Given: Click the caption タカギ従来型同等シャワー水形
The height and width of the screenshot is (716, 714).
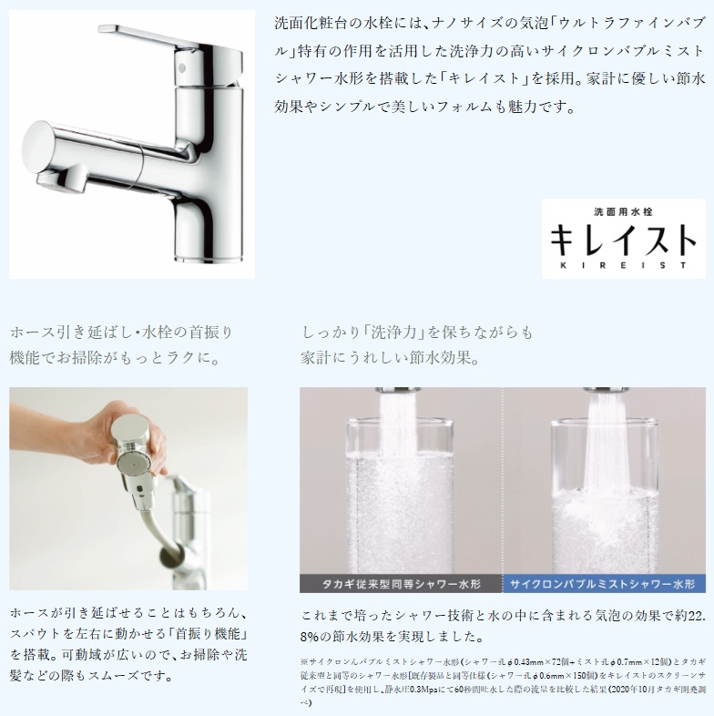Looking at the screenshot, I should (x=402, y=580).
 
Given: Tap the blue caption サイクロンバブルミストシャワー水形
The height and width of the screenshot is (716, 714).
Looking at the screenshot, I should (x=603, y=580).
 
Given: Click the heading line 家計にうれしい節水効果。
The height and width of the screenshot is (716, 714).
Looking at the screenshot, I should (x=391, y=358).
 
